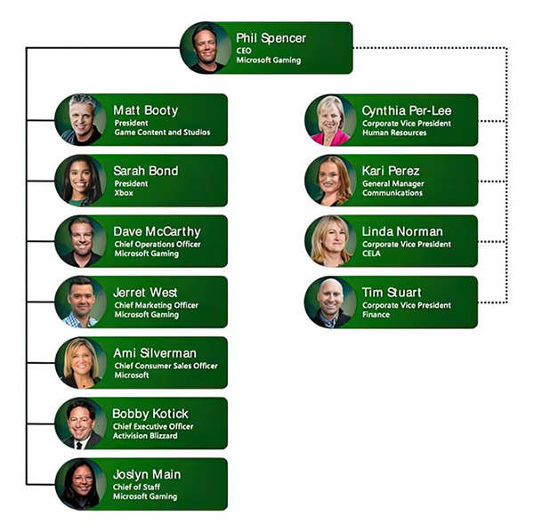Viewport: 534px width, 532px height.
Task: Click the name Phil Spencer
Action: (x=271, y=38)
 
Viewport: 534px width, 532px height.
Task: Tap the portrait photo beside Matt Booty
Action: (x=81, y=119)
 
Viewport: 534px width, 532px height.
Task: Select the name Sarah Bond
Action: (x=145, y=171)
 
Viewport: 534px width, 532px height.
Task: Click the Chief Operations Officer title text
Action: (x=157, y=244)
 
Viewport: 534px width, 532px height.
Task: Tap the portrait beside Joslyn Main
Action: (x=81, y=484)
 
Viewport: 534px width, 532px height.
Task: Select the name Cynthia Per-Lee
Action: (x=407, y=110)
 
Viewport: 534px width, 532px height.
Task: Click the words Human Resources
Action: (x=394, y=133)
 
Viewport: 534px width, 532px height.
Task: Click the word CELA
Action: (x=372, y=254)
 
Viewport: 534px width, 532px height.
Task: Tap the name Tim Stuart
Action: (x=392, y=292)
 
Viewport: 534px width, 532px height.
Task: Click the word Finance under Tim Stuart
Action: (x=376, y=315)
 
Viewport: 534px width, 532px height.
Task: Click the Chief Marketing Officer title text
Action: (x=156, y=305)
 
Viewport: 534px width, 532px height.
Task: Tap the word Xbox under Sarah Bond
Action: (x=123, y=193)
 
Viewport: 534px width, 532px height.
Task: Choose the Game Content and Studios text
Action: (x=161, y=133)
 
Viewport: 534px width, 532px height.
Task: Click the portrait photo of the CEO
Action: (x=206, y=47)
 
